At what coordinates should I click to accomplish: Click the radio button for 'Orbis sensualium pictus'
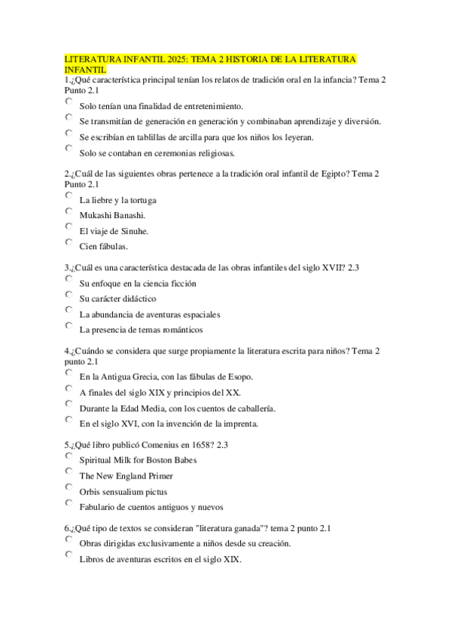[x=69, y=488]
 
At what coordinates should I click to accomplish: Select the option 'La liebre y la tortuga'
[x=69, y=196]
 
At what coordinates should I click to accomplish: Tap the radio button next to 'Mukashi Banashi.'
[x=69, y=211]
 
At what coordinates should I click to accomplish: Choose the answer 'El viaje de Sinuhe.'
[x=69, y=227]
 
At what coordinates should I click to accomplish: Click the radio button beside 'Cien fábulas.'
[x=69, y=242]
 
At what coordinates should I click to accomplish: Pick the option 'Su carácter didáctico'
[x=69, y=295]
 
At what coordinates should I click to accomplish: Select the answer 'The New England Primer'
[x=69, y=472]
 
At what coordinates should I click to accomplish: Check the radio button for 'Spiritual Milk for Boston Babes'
[x=69, y=457]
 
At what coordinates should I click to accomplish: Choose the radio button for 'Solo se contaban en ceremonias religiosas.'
[x=69, y=150]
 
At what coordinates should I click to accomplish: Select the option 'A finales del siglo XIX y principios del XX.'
[x=69, y=389]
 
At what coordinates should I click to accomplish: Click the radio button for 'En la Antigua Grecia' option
[x=69, y=373]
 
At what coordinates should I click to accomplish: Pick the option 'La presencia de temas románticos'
[x=69, y=327]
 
